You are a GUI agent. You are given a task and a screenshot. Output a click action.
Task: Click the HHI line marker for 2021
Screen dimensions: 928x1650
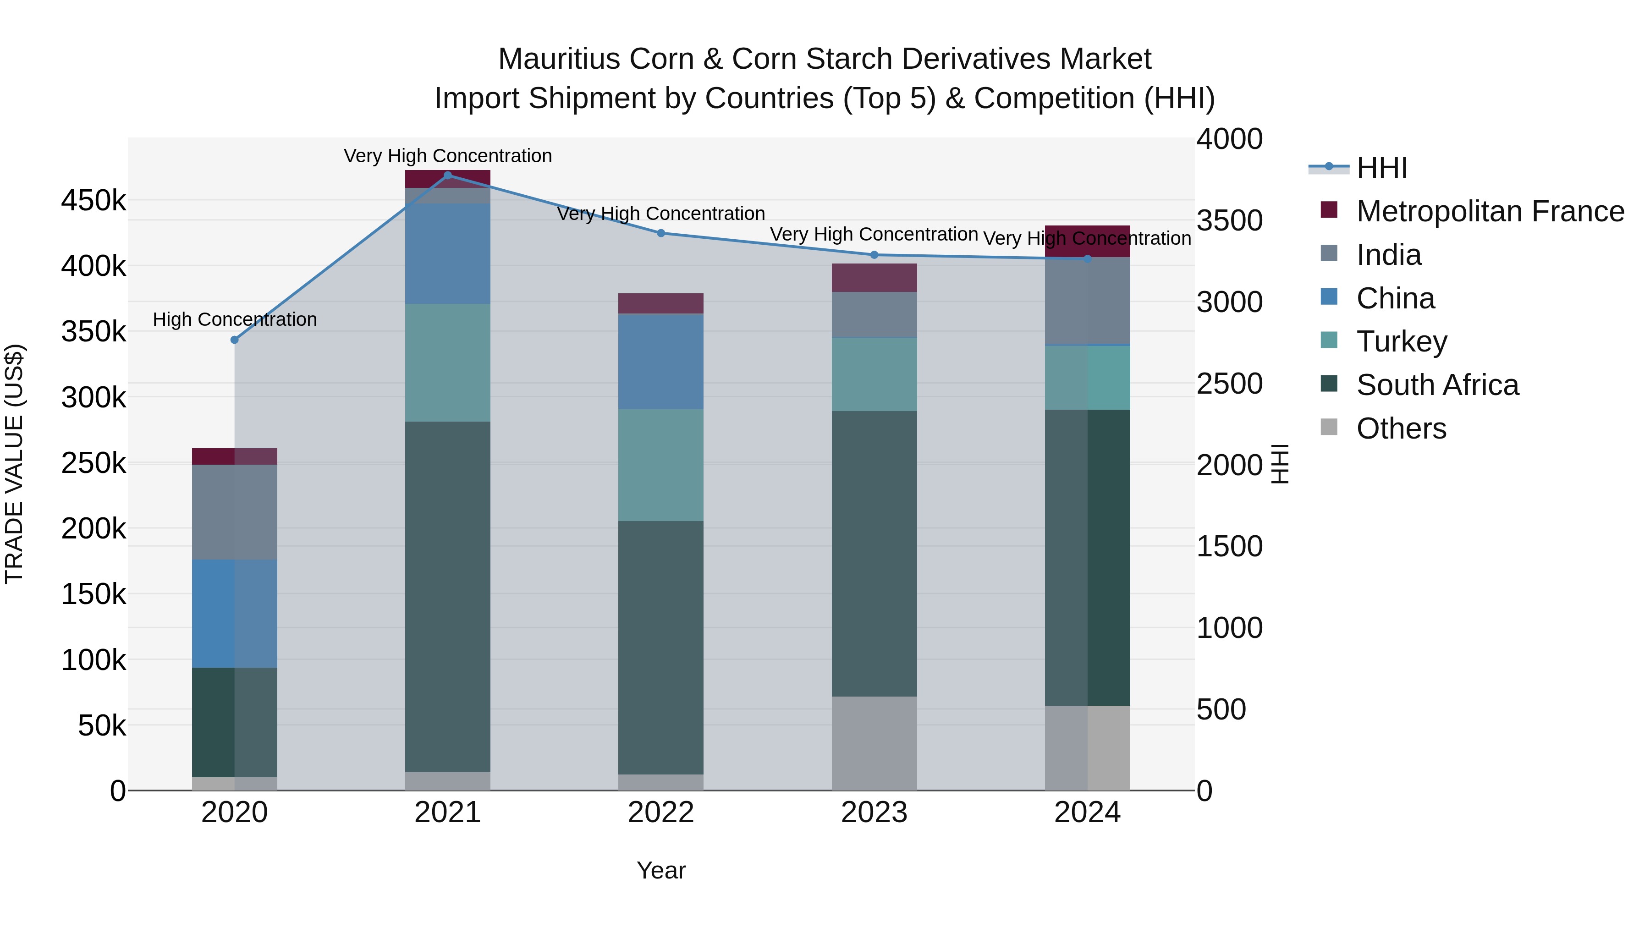click(448, 176)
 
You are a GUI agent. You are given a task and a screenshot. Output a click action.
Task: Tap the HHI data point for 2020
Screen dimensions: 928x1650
click(234, 340)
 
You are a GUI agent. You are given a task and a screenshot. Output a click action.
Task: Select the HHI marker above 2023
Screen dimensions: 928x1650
click(874, 255)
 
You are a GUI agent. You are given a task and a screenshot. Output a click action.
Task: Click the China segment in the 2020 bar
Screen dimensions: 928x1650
click(234, 614)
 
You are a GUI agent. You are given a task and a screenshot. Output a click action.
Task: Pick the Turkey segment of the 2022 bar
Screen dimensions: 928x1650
click(661, 465)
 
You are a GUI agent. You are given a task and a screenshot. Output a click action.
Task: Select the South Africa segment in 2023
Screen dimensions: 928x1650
click(874, 554)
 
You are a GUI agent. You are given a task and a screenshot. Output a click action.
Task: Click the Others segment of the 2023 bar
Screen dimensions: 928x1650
click(874, 743)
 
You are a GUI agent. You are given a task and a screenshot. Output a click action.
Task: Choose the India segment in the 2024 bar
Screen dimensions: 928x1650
click(1088, 301)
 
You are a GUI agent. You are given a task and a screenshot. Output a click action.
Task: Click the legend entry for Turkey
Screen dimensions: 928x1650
click(1402, 341)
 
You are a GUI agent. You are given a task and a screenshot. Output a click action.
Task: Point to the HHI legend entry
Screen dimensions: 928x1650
click(1381, 168)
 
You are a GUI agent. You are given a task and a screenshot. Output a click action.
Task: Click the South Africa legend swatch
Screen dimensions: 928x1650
click(1329, 384)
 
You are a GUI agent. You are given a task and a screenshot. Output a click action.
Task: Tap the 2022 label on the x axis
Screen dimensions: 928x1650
click(661, 813)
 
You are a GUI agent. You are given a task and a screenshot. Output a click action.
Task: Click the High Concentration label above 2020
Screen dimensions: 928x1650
click(234, 319)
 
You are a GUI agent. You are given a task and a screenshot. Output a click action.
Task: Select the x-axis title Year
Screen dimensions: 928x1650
click(661, 870)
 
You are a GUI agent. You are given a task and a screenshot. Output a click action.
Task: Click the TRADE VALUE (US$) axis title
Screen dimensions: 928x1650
click(14, 464)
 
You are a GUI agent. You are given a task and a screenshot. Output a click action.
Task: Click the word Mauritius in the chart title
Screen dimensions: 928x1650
click(560, 59)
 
